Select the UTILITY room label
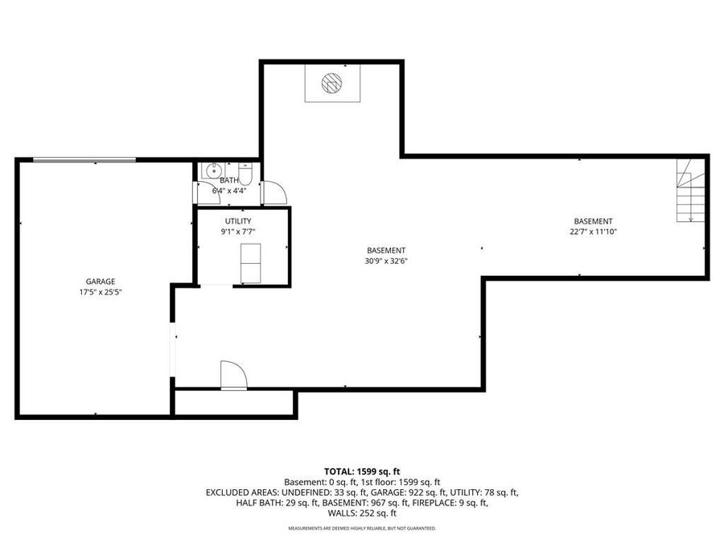[x=238, y=221]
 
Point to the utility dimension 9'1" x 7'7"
[x=238, y=232]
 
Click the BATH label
[x=229, y=180]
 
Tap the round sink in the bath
[x=214, y=171]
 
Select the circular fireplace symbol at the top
[x=331, y=82]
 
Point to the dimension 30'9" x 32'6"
[x=386, y=261]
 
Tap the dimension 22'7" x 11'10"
[x=593, y=232]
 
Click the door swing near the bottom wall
[x=232, y=376]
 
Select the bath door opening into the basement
[x=274, y=192]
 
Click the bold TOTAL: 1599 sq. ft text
[x=362, y=471]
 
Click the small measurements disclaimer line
[x=362, y=529]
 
